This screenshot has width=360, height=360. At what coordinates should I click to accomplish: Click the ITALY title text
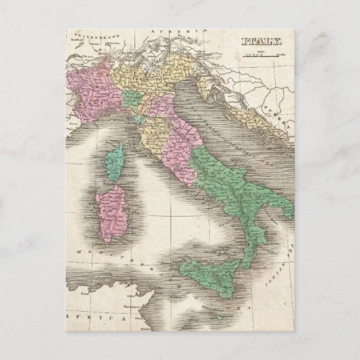[x=262, y=42]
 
